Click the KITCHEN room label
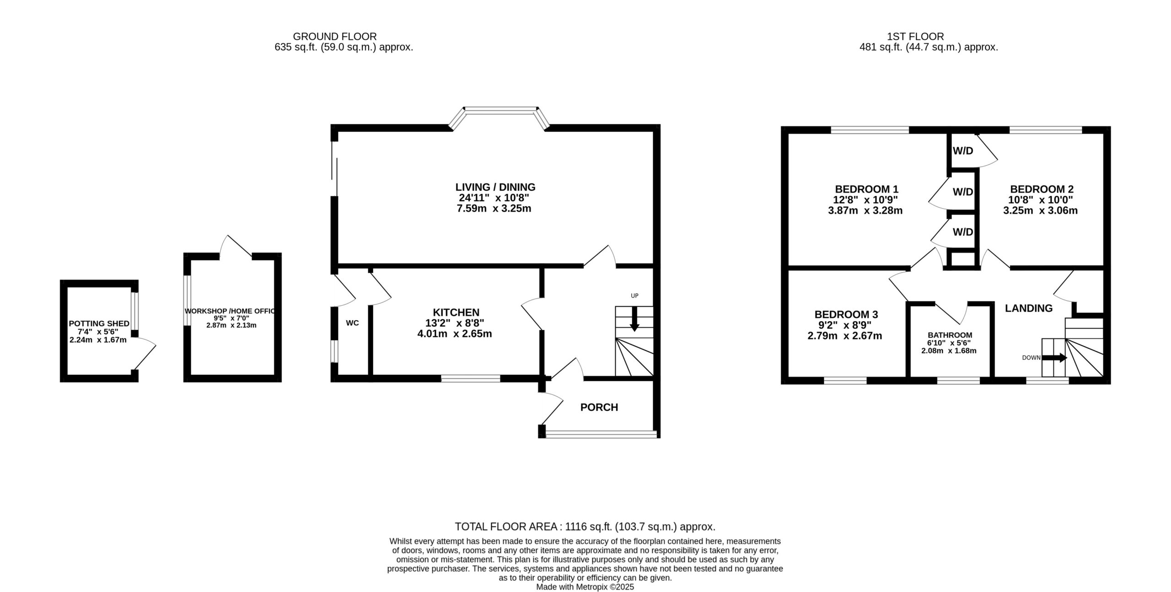[x=456, y=312]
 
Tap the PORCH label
[x=599, y=407]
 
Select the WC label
[x=352, y=323]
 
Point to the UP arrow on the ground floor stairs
[x=634, y=319]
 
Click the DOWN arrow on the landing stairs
[x=1054, y=358]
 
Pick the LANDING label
[x=1029, y=308]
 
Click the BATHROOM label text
[x=949, y=335]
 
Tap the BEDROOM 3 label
[x=846, y=315]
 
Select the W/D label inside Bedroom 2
[x=963, y=151]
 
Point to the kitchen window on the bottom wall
[x=471, y=378]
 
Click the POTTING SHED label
[x=99, y=323]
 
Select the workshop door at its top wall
[x=236, y=246]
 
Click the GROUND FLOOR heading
[x=335, y=37]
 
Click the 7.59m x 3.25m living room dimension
[x=494, y=209]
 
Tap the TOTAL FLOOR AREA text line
[x=585, y=527]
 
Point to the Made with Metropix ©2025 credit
[x=585, y=587]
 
